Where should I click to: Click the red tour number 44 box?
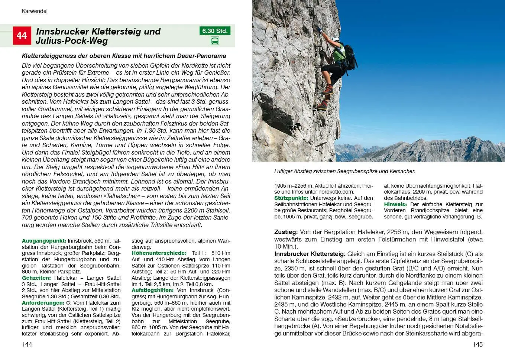pos(22,36)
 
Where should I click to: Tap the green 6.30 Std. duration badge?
pos(215,31)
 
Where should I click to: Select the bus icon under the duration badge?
pos(215,41)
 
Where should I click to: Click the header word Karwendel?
pos(35,11)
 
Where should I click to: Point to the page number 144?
pos(27,344)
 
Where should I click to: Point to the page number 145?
pos(478,344)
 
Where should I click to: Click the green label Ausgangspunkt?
pos(44,241)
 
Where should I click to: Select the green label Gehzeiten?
pos(36,278)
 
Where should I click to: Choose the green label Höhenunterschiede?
pos(159,253)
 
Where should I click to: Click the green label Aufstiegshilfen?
pos(152,290)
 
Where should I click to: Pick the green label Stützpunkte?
pos(291,198)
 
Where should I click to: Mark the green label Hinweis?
pos(395,204)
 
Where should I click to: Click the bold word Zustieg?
pos(286,232)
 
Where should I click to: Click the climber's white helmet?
pos(336,39)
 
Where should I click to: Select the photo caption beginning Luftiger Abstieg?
pos(344,171)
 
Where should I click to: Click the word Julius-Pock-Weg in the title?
pos(72,41)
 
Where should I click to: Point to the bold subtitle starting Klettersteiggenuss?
pos(124,56)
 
